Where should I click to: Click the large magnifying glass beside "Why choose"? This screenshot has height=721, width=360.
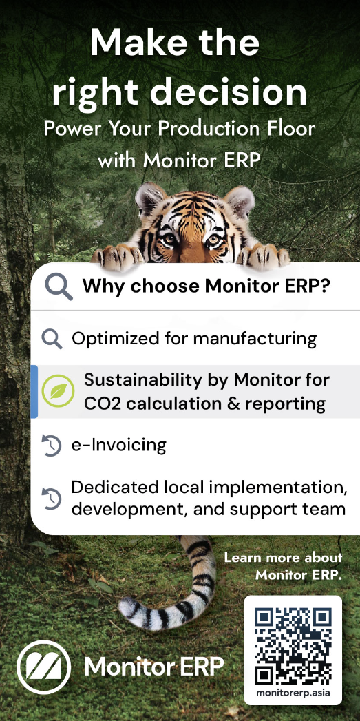point(59,286)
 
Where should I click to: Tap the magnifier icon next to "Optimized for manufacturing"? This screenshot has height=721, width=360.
point(52,339)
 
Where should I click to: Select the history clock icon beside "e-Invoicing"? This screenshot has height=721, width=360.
point(52,446)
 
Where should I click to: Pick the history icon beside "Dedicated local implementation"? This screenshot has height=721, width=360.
point(52,499)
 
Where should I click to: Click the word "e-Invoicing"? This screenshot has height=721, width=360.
point(118,445)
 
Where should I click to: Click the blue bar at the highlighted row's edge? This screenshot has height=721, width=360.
point(34,391)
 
